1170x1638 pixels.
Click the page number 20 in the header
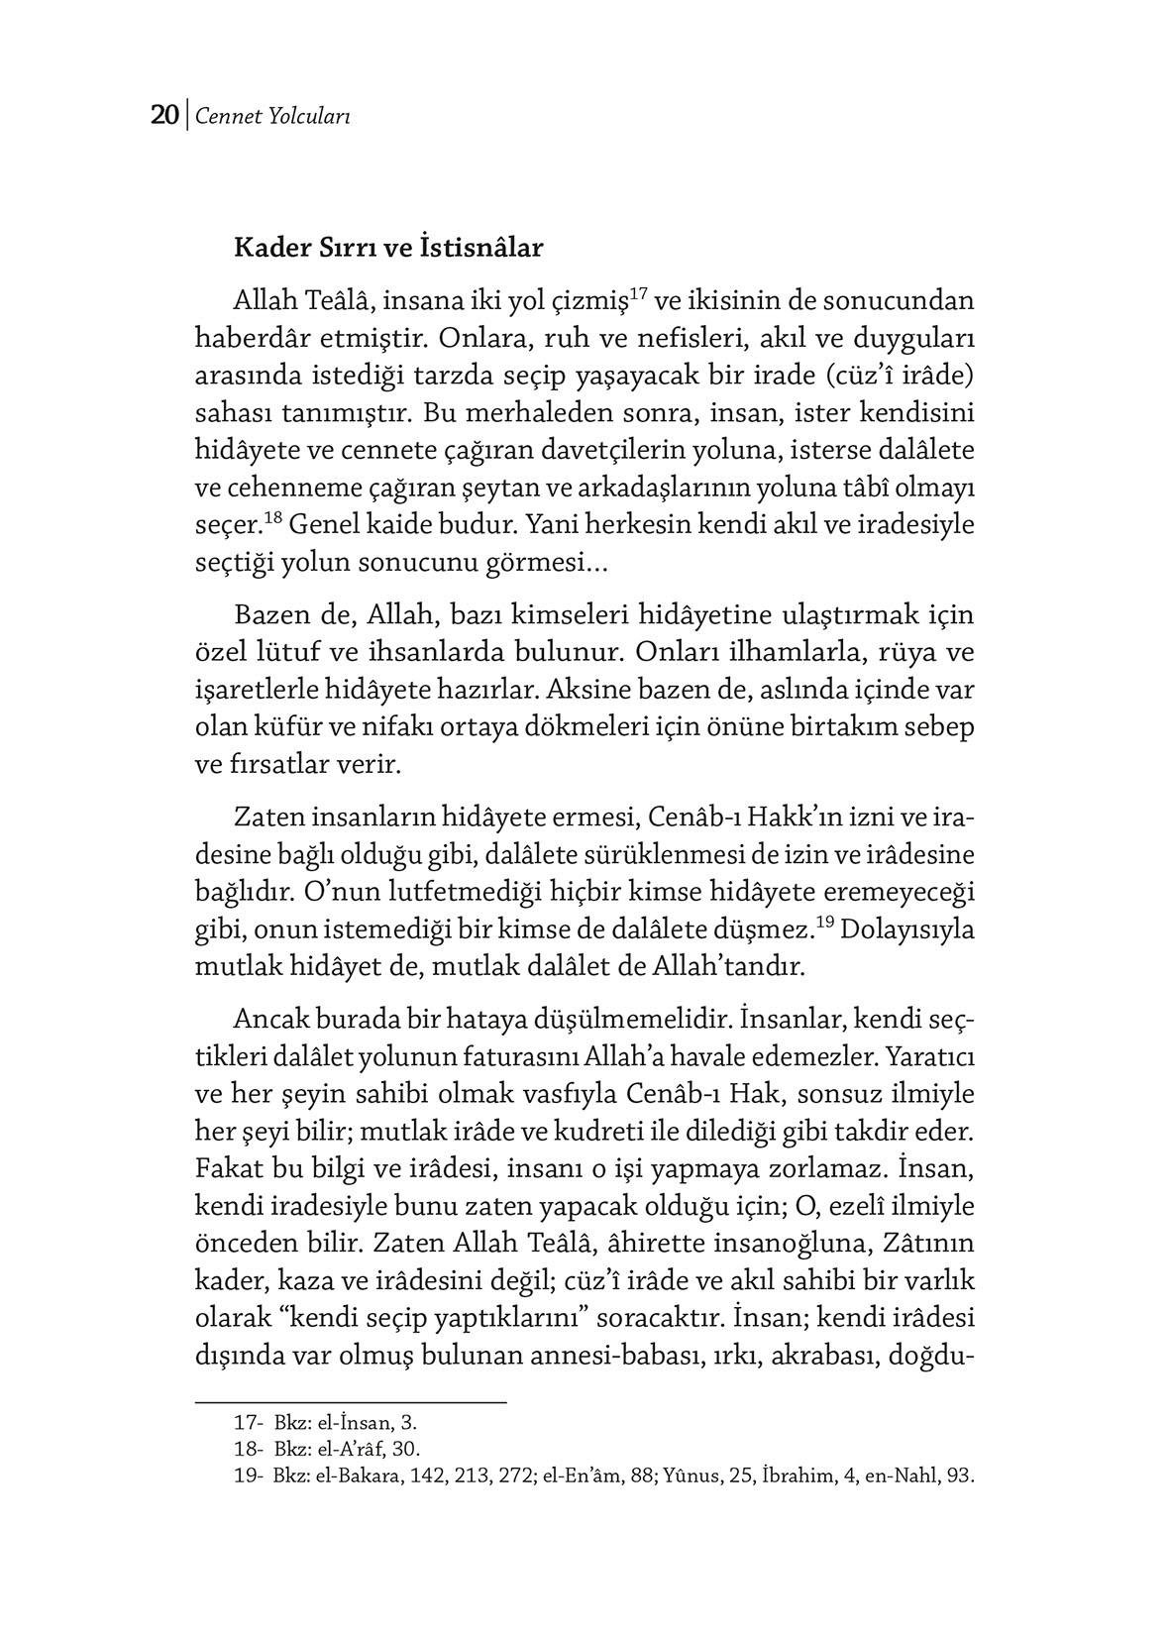pos(163,116)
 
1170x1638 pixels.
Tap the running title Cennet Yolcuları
pos(272,117)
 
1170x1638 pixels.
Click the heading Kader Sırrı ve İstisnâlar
pos(387,247)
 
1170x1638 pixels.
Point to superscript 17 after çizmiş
pos(638,292)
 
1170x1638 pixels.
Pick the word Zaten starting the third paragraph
pos(266,819)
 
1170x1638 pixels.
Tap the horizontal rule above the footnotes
pos(351,1402)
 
